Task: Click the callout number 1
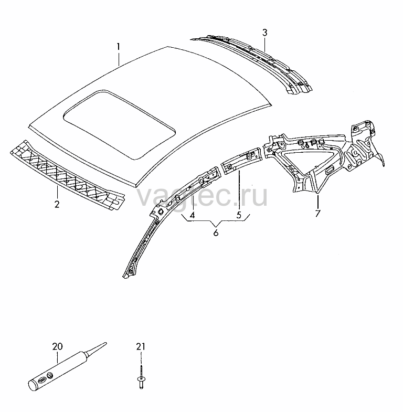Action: tap(119, 47)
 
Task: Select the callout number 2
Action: tap(57, 204)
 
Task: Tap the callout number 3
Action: tap(264, 33)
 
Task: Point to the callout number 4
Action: tap(192, 215)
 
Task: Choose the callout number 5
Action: tap(239, 215)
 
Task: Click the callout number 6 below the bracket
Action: tap(216, 233)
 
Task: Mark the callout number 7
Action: tap(317, 213)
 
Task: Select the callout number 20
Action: tap(58, 346)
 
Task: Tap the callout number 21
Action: tap(141, 346)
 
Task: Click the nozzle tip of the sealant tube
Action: tap(105, 343)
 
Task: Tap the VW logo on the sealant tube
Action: tap(50, 375)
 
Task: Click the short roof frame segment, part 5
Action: tap(242, 161)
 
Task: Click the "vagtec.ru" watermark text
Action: tap(202, 196)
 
